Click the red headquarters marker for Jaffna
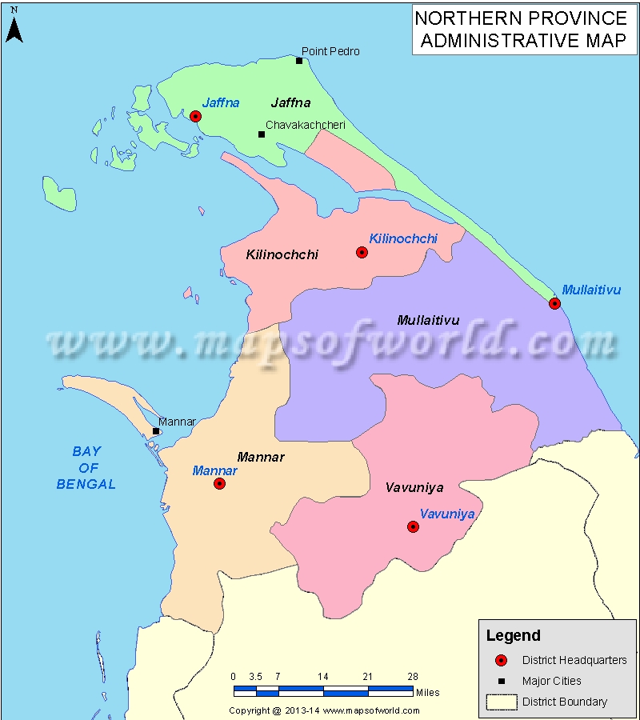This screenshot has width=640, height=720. click(x=195, y=116)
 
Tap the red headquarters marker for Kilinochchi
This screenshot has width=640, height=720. click(x=362, y=252)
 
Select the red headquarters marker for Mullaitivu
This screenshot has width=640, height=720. click(x=554, y=303)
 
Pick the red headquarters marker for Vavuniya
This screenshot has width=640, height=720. click(x=413, y=526)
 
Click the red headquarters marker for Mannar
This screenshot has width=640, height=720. click(x=219, y=483)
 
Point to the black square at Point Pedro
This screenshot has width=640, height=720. click(x=299, y=61)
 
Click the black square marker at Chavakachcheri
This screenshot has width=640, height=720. click(x=262, y=134)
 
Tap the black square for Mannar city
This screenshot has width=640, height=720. click(x=156, y=431)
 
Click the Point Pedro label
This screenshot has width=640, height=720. click(x=330, y=51)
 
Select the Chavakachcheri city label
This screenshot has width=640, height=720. click(x=306, y=125)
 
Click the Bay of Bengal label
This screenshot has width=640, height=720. click(x=86, y=467)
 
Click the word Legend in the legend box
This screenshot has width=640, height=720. click(x=514, y=636)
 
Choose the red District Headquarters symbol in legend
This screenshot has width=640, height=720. click(x=502, y=660)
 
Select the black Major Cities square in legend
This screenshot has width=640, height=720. click(x=502, y=682)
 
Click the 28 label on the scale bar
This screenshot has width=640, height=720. click(x=413, y=676)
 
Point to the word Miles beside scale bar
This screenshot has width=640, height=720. click(x=427, y=692)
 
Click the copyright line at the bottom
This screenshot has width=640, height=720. click(x=324, y=710)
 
